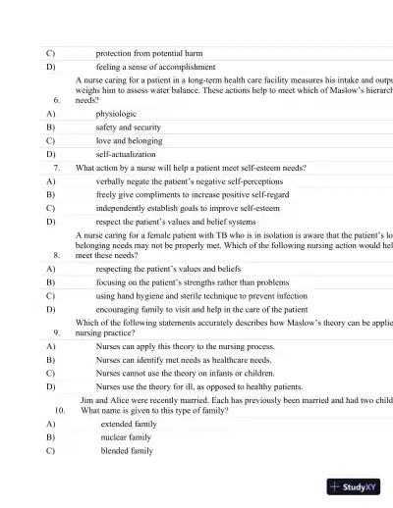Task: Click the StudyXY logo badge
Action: click(x=354, y=485)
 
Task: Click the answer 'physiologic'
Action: click(x=117, y=113)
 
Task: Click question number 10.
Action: click(x=60, y=411)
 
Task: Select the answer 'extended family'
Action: click(x=129, y=424)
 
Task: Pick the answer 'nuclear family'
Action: click(x=127, y=437)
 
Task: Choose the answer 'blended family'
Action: click(x=128, y=451)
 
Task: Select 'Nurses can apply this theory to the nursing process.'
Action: click(x=186, y=346)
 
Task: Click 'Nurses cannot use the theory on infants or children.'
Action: click(x=185, y=374)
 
